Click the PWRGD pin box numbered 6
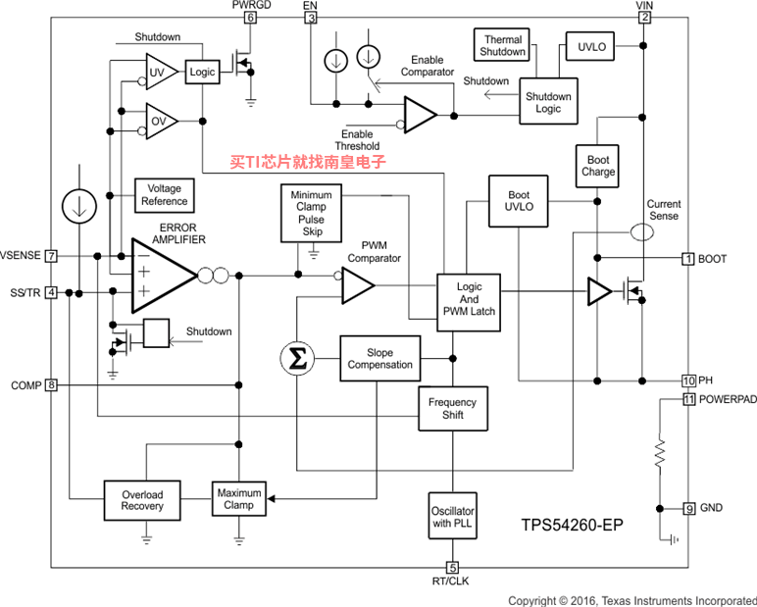pos(250,18)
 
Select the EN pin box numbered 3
pos(311,18)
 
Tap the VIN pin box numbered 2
pos(644,18)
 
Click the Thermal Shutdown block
pos(502,45)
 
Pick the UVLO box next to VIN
pos(590,46)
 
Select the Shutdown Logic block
pos(548,101)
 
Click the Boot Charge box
pos(597,166)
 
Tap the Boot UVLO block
pos(519,201)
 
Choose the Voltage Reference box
pos(164,195)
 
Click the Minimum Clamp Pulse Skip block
pos(312,213)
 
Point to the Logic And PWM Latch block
pos(469,302)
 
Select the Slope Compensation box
pos(379,359)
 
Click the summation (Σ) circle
pos(297,359)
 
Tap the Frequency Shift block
pos(453,409)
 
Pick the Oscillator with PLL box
pos(452,516)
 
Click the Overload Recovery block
pos(142,500)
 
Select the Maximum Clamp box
pos(239,499)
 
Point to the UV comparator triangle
pos(160,72)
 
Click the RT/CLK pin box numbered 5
pos(452,568)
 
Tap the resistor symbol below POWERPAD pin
pos(660,453)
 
